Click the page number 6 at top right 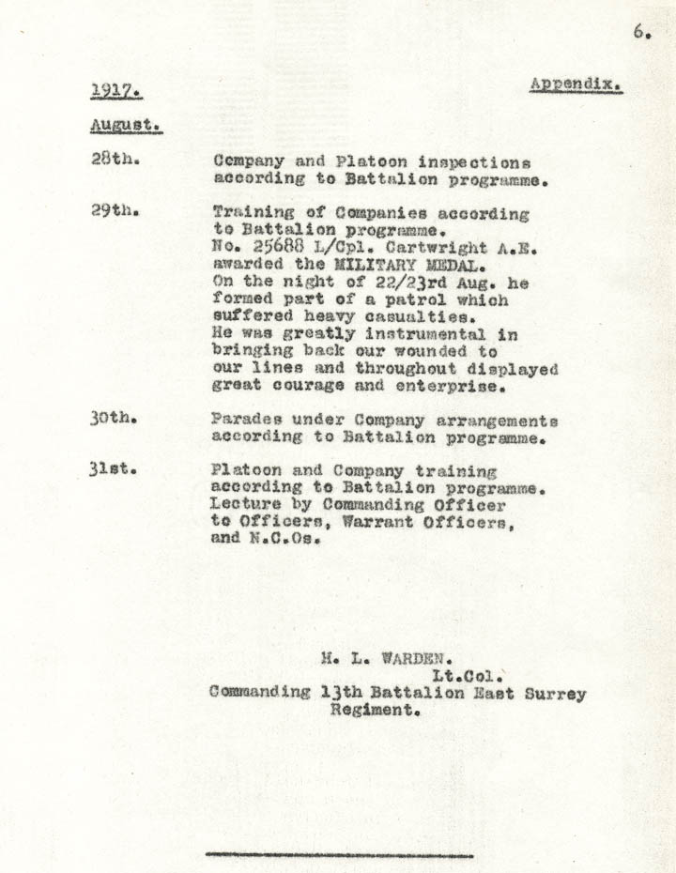point(641,31)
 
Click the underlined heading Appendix point(576,84)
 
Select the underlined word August point(126,125)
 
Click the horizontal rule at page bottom point(339,855)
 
